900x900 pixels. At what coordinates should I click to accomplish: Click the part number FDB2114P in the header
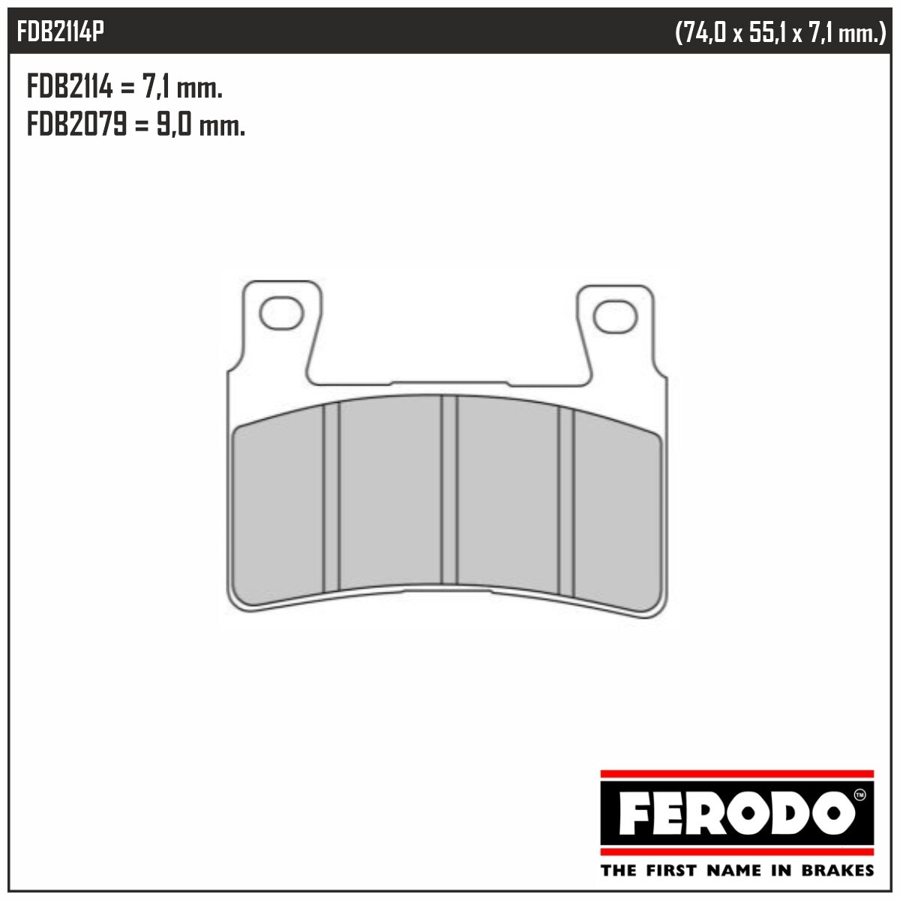tap(61, 32)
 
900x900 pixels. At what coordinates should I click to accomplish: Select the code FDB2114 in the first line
tap(70, 88)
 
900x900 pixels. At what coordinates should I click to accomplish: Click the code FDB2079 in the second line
tap(76, 125)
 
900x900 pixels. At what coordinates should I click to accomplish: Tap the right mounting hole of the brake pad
tap(615, 317)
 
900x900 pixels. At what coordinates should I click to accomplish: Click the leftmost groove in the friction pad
tap(331, 496)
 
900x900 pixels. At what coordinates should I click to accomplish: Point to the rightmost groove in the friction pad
tap(566, 501)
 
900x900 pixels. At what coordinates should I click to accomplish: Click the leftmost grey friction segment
tap(278, 510)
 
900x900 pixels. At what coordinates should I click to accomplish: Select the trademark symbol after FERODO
tap(859, 793)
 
